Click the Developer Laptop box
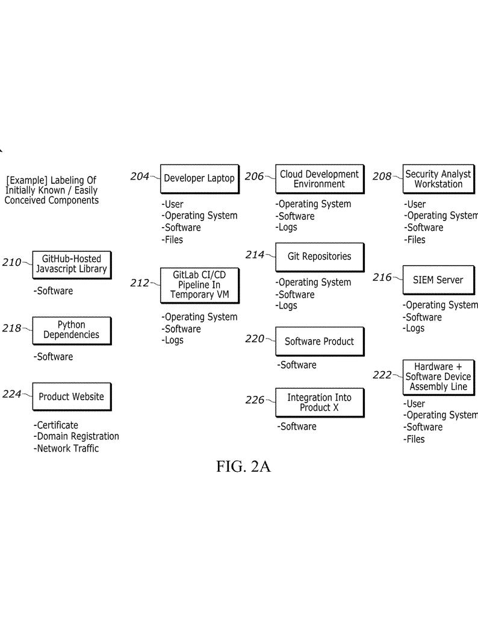199,178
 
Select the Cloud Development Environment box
319,179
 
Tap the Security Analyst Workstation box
438,179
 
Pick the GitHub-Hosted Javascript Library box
71,265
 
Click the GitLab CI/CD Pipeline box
199,285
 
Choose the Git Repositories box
319,257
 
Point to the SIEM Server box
438,280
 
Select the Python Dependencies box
71,330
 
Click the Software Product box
319,342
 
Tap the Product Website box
71,396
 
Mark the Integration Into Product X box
319,402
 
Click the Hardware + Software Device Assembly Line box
438,377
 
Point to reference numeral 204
139,177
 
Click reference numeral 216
382,278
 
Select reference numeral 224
11,394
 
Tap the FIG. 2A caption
243,467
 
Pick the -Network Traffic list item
66,448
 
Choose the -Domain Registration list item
76,436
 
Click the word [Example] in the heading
26,180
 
